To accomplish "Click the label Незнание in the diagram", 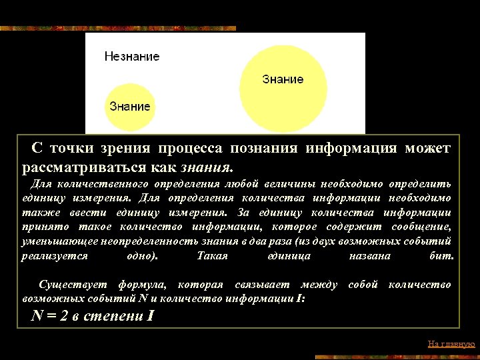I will pos(132,57).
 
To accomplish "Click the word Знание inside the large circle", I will pos(283,79).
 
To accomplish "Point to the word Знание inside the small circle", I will pos(130,106).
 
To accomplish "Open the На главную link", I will pos(451,344).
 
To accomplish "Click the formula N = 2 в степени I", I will pos(93,315).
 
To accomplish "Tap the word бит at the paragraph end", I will pos(442,256).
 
